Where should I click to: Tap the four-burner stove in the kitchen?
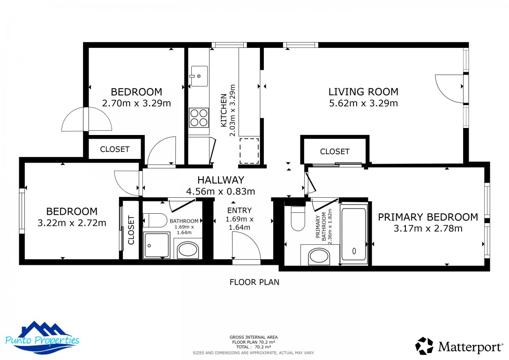click(199, 117)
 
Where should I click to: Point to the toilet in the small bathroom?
click(154, 219)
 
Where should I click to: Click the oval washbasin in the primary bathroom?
click(319, 257)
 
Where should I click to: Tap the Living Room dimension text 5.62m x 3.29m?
click(363, 104)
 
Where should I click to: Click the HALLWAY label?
click(220, 180)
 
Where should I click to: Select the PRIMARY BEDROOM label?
click(428, 217)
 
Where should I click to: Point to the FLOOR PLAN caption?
click(254, 282)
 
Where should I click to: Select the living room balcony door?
click(450, 89)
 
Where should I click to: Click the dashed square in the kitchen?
click(249, 151)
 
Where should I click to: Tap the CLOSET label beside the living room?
click(335, 151)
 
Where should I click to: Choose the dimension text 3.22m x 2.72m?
click(72, 223)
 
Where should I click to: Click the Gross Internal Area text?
click(254, 337)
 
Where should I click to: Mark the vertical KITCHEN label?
click(224, 111)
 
